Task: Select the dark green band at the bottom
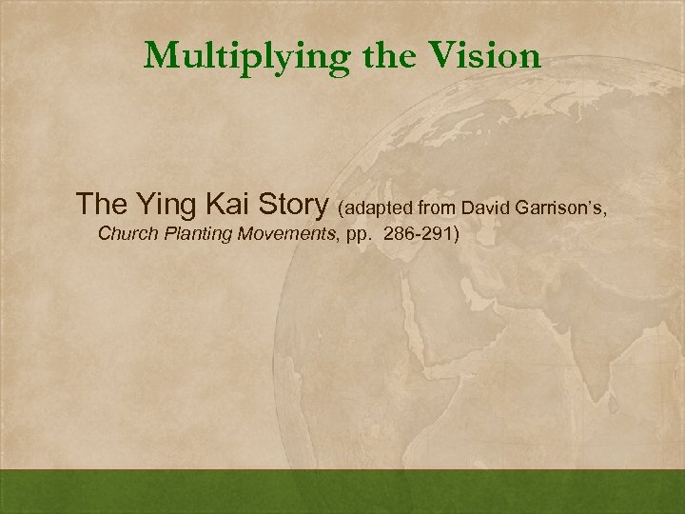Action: (342, 491)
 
